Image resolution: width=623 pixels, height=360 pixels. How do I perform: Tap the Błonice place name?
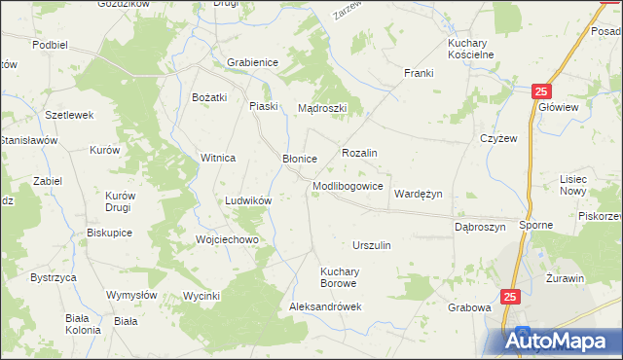click(300, 158)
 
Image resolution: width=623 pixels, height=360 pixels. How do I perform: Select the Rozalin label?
click(359, 153)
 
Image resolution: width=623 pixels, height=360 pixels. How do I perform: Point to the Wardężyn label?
click(418, 194)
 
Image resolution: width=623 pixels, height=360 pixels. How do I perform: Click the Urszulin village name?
click(371, 245)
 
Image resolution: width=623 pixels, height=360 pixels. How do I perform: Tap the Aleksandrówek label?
click(325, 306)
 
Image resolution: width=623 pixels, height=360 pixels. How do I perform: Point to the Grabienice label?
click(252, 62)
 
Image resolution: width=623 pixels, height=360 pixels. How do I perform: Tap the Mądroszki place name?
click(322, 108)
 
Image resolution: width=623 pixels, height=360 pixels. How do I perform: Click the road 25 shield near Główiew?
click(542, 90)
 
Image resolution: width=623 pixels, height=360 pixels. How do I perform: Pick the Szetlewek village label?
click(69, 114)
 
